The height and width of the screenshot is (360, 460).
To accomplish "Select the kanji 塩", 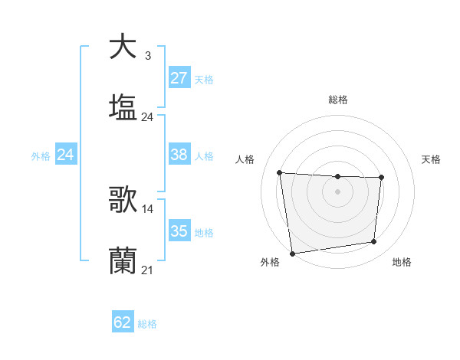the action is coord(123,106).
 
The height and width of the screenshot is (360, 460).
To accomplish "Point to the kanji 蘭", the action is coord(123,260).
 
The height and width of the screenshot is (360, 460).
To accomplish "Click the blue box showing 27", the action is coord(179,78).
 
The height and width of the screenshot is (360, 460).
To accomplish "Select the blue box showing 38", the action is coord(179,155).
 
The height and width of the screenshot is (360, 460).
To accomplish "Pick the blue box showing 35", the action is coord(179,231).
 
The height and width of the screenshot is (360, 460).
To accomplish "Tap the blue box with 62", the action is coord(123,322).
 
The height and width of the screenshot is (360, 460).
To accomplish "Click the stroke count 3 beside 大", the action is coord(147,56).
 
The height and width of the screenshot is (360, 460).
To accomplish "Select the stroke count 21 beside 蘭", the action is coord(148,270).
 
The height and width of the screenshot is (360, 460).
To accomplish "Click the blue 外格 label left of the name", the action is coord(41,155).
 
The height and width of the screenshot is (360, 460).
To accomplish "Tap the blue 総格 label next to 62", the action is coord(147,324).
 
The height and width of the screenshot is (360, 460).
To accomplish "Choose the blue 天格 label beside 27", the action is coord(204,80).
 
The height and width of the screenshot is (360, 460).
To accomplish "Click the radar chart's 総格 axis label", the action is coord(338,100).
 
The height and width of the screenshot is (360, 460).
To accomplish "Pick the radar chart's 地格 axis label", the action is coord(402,262).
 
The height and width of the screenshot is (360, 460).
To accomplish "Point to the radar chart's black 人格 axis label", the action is coord(245,159).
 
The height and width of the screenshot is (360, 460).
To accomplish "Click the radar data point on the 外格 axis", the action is coord(292,253).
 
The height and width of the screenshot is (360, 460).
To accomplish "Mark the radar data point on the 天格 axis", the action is coord(381,178).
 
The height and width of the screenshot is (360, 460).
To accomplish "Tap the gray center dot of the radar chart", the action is coord(337,191).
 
